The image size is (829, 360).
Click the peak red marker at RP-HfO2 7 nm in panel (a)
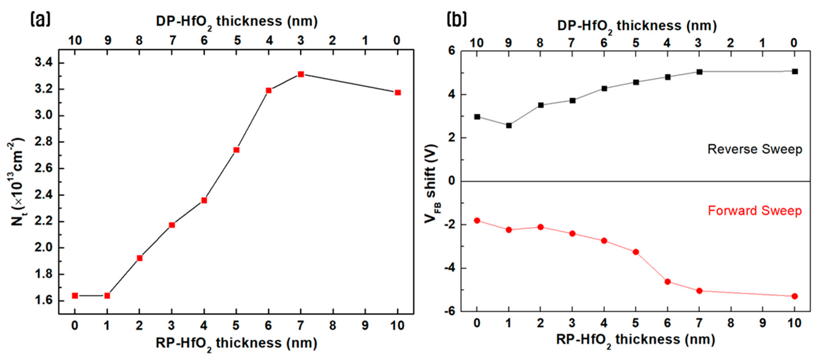301,74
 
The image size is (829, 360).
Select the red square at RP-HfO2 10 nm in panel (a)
398,93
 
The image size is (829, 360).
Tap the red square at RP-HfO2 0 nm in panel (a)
75,296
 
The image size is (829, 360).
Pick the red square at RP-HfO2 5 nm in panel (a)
236,150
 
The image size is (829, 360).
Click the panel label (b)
457,20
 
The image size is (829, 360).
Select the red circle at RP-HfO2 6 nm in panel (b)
667,282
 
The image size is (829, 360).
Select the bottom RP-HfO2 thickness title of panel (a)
236,344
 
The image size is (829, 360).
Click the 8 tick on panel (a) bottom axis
333,326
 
